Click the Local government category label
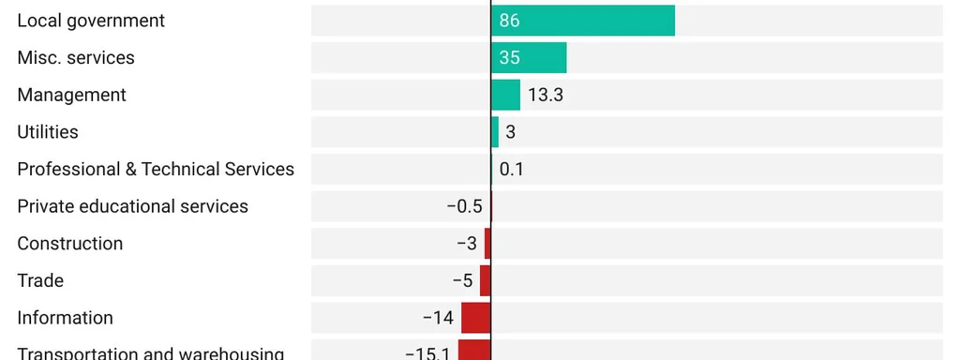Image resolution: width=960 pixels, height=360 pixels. [x=91, y=21]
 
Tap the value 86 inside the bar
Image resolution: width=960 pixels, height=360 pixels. [x=509, y=21]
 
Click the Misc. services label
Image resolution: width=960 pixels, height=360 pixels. [x=76, y=58]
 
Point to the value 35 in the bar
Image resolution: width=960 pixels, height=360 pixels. [x=509, y=58]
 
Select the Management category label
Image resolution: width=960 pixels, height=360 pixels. [x=71, y=95]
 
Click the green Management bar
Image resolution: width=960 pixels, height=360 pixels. [x=505, y=95]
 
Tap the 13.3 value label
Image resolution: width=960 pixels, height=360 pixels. [x=545, y=95]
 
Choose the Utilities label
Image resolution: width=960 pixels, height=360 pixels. [x=48, y=132]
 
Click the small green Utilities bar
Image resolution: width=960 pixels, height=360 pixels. [x=495, y=132]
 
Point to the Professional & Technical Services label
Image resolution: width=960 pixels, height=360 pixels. [x=156, y=169]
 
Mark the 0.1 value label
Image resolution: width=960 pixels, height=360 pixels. [x=511, y=170]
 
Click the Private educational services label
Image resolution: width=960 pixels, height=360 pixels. [x=132, y=206]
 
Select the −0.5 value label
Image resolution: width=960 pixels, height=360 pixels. [x=464, y=206]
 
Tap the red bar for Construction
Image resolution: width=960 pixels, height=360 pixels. [x=487, y=244]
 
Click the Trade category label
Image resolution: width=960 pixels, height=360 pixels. [x=40, y=280]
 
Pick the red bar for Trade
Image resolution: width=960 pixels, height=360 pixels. [x=486, y=280]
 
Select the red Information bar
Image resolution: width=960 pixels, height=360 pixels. [x=476, y=318]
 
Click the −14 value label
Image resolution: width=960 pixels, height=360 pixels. [x=438, y=318]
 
